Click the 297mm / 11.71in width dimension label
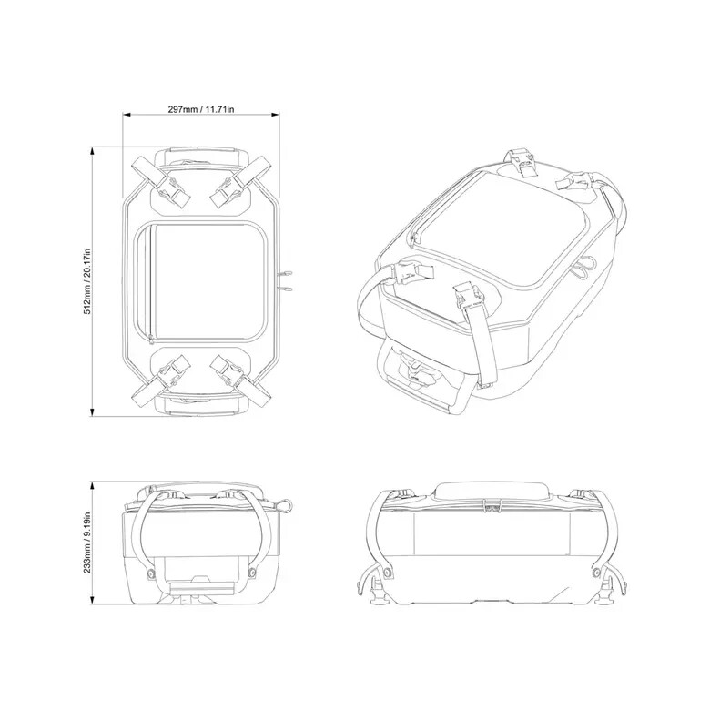coord(201,109)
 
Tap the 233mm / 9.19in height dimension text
coord(87,544)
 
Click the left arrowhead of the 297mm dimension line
coord(127,116)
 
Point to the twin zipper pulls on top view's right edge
coord(286,279)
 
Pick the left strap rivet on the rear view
coord(389,572)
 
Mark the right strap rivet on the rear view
coord(598,572)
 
